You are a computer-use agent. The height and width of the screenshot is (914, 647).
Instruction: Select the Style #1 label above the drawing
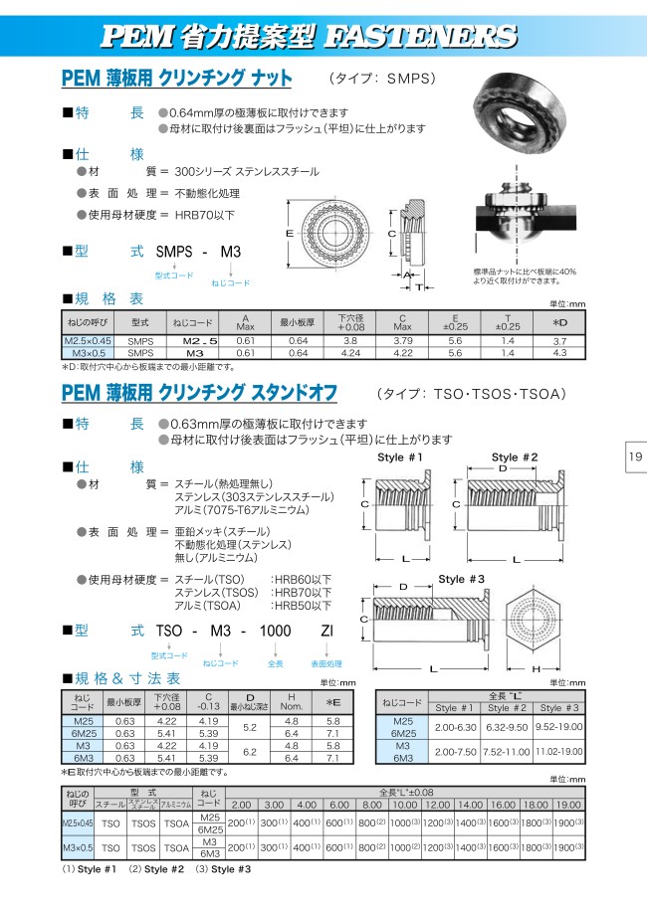point(400,457)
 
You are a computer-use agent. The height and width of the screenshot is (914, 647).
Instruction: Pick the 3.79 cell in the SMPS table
point(403,340)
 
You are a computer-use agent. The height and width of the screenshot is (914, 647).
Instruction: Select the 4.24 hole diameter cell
point(349,352)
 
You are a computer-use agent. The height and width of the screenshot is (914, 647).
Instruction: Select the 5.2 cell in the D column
point(250,727)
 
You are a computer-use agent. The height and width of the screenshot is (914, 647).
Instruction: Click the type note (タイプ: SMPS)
point(382,78)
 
